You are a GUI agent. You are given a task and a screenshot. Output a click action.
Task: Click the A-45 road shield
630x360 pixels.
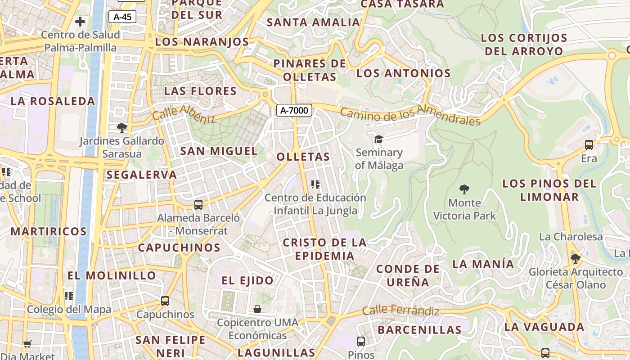click(122, 17)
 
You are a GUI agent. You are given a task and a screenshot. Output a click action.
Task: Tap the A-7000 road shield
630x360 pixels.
click(294, 110)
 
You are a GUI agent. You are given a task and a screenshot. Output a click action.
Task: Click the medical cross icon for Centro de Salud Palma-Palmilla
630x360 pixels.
click(80, 22)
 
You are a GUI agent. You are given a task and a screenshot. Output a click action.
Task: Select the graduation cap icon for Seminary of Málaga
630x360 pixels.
click(378, 139)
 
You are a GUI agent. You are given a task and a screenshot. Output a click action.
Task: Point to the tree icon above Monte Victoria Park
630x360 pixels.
click(464, 189)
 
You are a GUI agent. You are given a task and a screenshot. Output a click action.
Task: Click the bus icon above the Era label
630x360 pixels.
click(589, 145)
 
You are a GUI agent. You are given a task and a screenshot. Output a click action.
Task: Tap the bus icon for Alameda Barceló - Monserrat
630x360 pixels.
click(198, 205)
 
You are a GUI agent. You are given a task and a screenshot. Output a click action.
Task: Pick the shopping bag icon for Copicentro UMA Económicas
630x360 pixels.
click(257, 309)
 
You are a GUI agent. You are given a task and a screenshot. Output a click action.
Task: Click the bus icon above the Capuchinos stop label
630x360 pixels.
click(165, 301)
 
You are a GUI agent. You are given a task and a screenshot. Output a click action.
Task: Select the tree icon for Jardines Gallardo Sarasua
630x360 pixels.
click(121, 128)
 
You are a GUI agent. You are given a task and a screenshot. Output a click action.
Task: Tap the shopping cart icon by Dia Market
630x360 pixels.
click(27, 344)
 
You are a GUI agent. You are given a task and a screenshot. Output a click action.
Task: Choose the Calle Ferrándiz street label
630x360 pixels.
click(400, 310)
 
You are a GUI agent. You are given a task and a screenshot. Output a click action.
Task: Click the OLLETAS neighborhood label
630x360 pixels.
click(303, 157)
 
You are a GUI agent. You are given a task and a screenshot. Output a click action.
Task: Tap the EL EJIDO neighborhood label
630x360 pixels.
click(247, 280)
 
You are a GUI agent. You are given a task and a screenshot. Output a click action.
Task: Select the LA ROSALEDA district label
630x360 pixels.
click(53, 101)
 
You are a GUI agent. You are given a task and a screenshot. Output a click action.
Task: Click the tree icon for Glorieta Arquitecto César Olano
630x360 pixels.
click(575, 259)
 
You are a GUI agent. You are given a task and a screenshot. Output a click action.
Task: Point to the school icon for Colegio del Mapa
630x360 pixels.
click(69, 296)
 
